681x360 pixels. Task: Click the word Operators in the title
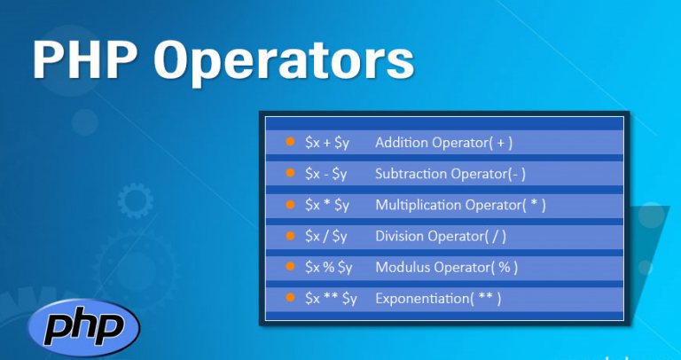[x=284, y=63]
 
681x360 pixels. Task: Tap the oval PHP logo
[x=84, y=328]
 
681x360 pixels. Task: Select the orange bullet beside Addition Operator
[x=290, y=142]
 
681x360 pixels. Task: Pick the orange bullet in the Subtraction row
[x=290, y=173]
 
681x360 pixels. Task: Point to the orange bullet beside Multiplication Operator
[x=290, y=204]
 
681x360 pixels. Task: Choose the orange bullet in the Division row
[x=290, y=235]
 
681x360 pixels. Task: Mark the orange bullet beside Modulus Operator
[x=290, y=267]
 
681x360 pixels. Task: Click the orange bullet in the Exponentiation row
[x=290, y=298]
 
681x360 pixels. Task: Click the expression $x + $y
[x=327, y=143]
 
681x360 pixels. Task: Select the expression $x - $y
[x=325, y=174]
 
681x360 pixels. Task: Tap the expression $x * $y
[x=327, y=206]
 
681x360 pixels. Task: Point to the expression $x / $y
[x=325, y=237]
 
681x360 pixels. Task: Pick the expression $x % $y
[x=328, y=268]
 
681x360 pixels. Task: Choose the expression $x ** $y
[x=331, y=299]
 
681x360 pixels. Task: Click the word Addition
[x=402, y=143]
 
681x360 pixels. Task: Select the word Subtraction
[x=411, y=174]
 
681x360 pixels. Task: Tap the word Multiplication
[x=419, y=205]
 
